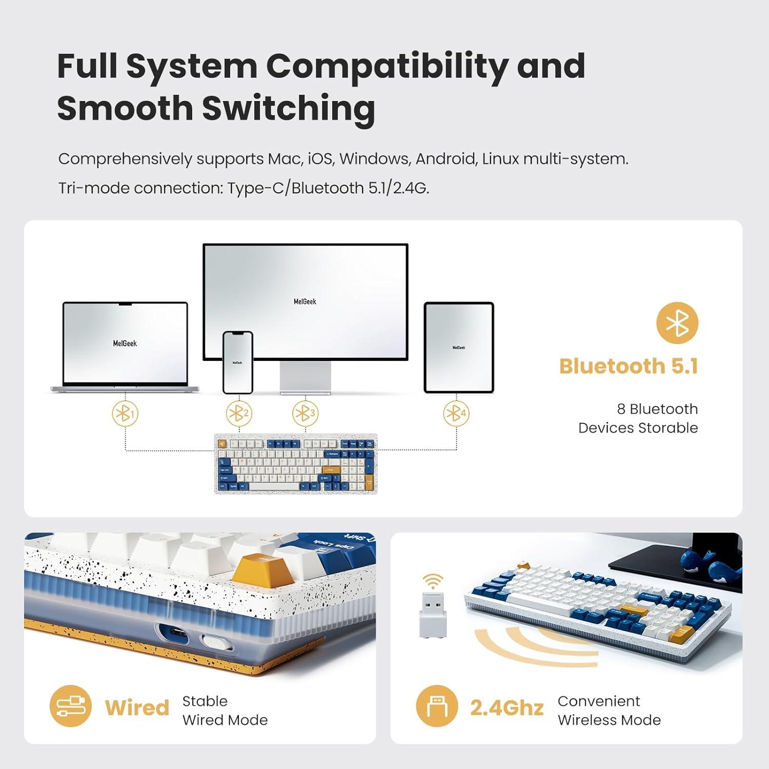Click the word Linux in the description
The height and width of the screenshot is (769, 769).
click(x=500, y=159)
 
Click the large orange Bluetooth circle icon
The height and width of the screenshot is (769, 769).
click(x=677, y=323)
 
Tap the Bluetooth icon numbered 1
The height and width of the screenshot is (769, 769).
click(x=125, y=413)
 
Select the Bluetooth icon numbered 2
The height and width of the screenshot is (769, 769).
click(x=239, y=413)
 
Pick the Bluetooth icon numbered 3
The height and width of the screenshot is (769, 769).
click(x=305, y=413)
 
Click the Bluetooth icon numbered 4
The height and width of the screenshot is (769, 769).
click(x=456, y=413)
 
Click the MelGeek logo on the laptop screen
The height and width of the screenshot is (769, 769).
click(x=125, y=343)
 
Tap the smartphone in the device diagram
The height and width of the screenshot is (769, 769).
click(x=238, y=362)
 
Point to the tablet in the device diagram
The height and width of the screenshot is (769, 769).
click(x=459, y=348)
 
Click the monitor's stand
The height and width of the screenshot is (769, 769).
click(x=306, y=377)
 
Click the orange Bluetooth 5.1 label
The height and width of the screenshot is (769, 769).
click(x=628, y=366)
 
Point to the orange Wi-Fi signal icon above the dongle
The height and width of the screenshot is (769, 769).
click(x=433, y=581)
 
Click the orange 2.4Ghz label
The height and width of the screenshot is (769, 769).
click(x=507, y=708)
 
